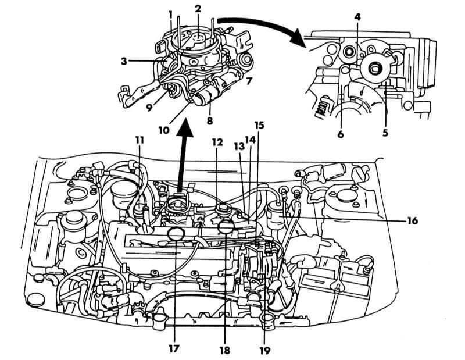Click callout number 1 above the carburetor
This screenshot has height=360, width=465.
170,13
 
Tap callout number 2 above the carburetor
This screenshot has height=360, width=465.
198,9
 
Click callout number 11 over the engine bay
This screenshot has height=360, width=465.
140,140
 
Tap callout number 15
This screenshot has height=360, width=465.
260,126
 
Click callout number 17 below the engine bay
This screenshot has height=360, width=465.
173,350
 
